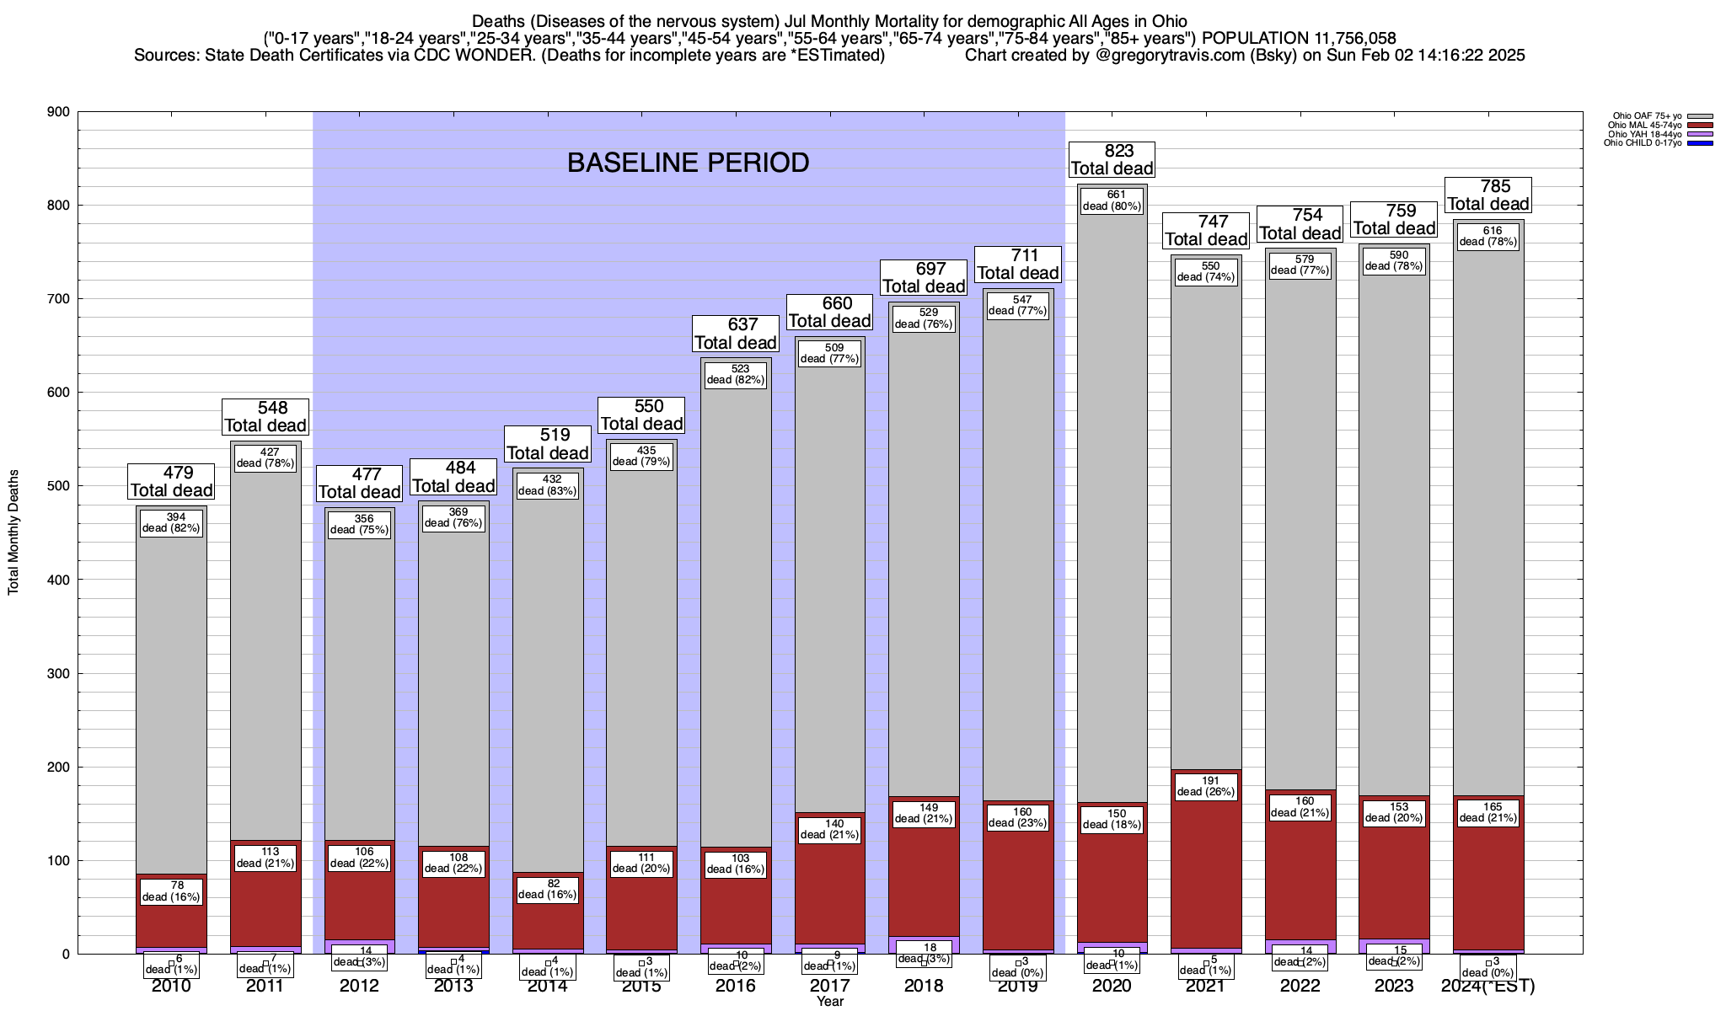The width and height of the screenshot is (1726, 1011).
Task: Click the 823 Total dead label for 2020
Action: coord(1112,159)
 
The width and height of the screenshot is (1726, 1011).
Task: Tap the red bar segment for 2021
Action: coord(1206,885)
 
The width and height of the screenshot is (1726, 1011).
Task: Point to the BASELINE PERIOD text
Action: coord(688,163)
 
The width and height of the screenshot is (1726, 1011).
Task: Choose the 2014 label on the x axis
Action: coord(548,987)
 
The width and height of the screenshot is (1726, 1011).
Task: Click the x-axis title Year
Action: coord(829,1002)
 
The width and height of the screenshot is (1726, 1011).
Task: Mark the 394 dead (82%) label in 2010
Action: coord(171,523)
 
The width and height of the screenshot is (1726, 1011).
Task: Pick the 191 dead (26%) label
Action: coord(1206,786)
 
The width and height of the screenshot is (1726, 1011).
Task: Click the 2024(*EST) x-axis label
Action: coord(1488,987)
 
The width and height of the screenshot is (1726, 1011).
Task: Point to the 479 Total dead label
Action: coord(171,481)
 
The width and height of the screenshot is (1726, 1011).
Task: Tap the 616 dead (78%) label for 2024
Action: coord(1488,236)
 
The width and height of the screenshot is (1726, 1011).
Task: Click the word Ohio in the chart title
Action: coord(1166,21)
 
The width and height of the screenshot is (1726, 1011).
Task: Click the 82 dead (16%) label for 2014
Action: coord(548,889)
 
